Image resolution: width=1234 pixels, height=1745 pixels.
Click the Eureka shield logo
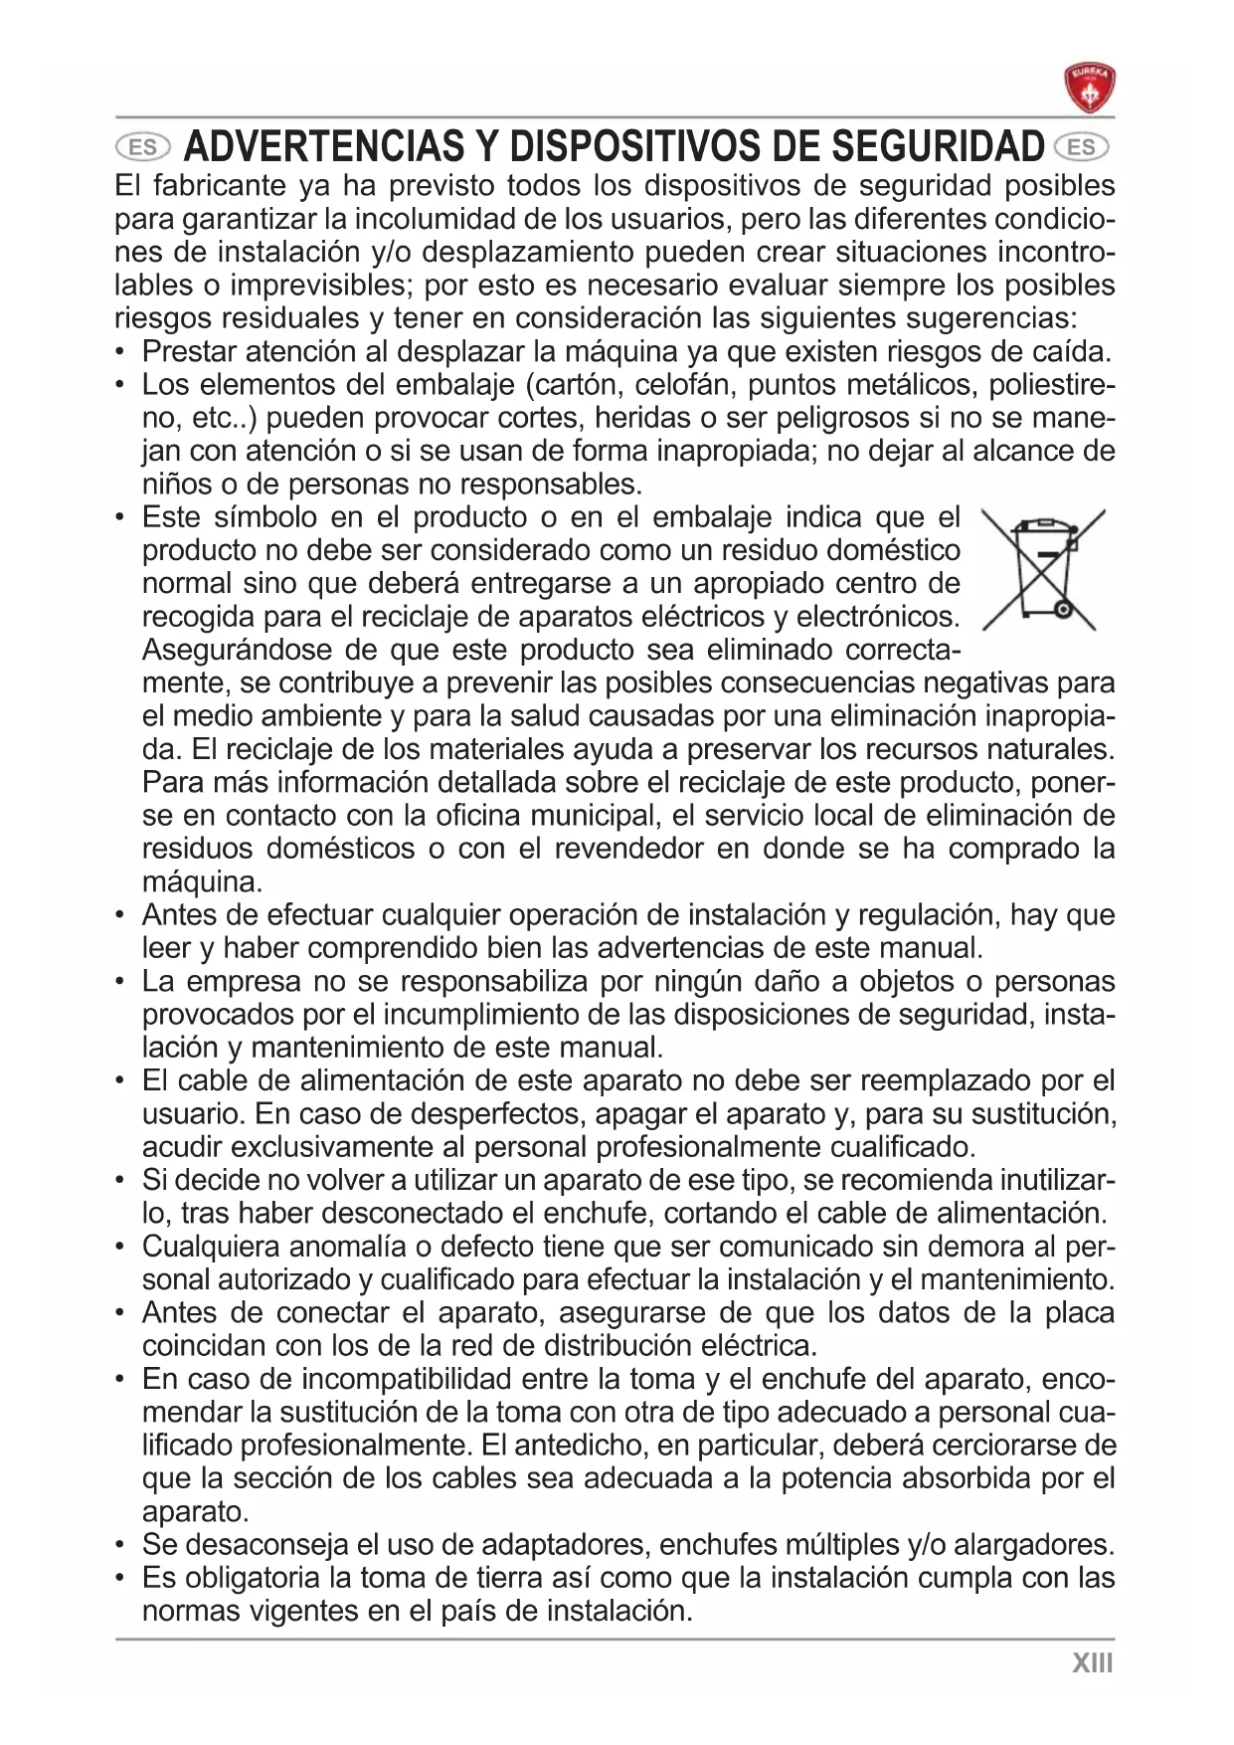(x=1089, y=88)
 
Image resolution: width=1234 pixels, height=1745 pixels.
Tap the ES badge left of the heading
(x=143, y=147)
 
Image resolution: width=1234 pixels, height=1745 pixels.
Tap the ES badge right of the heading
(x=1083, y=147)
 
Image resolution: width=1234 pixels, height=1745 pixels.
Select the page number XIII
(x=1092, y=1662)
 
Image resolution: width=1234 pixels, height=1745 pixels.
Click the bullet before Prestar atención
(x=120, y=352)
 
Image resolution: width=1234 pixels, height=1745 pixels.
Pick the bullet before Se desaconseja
(x=120, y=1545)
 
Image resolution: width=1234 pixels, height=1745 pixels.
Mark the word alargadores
(x=1033, y=1545)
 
